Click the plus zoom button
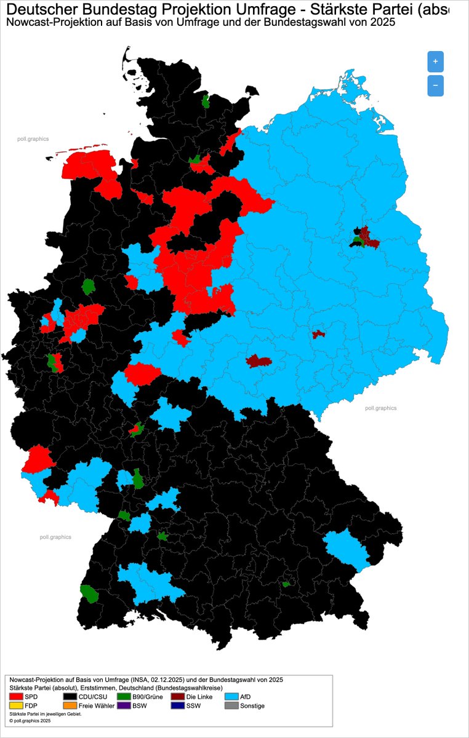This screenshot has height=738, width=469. tap(435, 61)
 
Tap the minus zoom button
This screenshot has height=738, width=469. tap(435, 85)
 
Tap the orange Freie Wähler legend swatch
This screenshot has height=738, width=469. tap(70, 706)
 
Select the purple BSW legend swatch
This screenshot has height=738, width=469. tap(124, 706)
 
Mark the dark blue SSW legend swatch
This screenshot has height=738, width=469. tap(178, 706)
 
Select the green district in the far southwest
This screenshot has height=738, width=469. tap(90, 593)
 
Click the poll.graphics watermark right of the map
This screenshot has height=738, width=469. tap(380, 408)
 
